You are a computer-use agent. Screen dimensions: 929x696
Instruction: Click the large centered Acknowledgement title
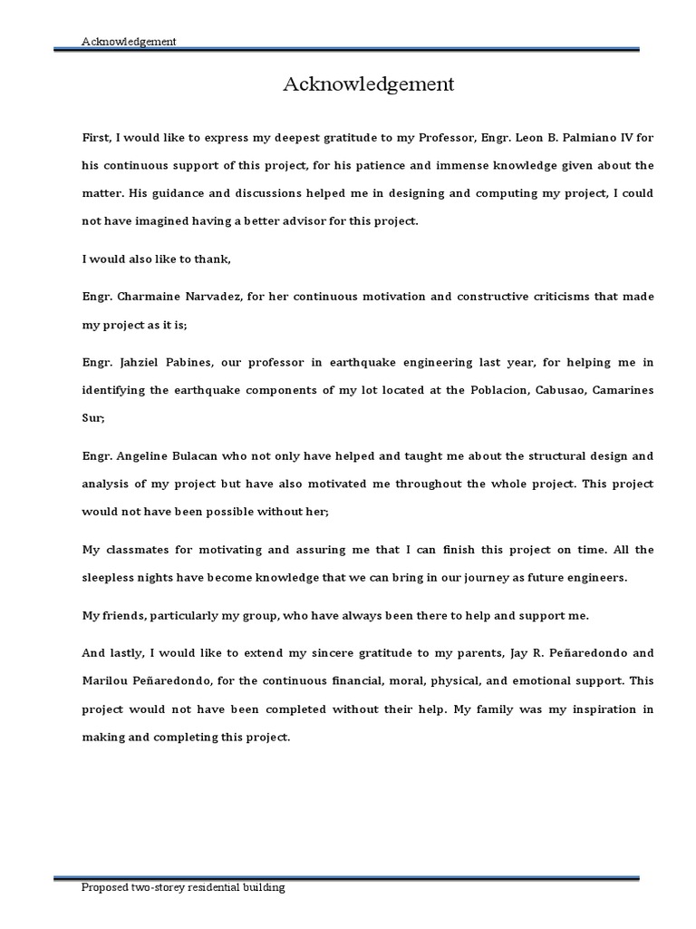pos(368,85)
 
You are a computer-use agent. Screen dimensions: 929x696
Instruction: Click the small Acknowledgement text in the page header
pos(128,41)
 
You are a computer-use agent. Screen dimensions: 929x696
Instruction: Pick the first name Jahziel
pos(144,362)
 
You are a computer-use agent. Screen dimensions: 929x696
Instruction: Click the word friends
pos(123,615)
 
